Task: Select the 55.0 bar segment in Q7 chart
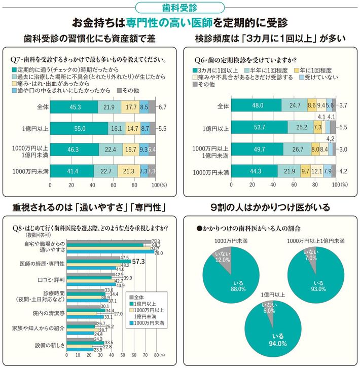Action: point(79,129)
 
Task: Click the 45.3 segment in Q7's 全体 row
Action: point(74,107)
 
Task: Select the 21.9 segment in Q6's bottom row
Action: point(290,171)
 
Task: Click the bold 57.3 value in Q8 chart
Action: point(139,262)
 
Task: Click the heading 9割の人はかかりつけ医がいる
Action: point(270,207)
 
